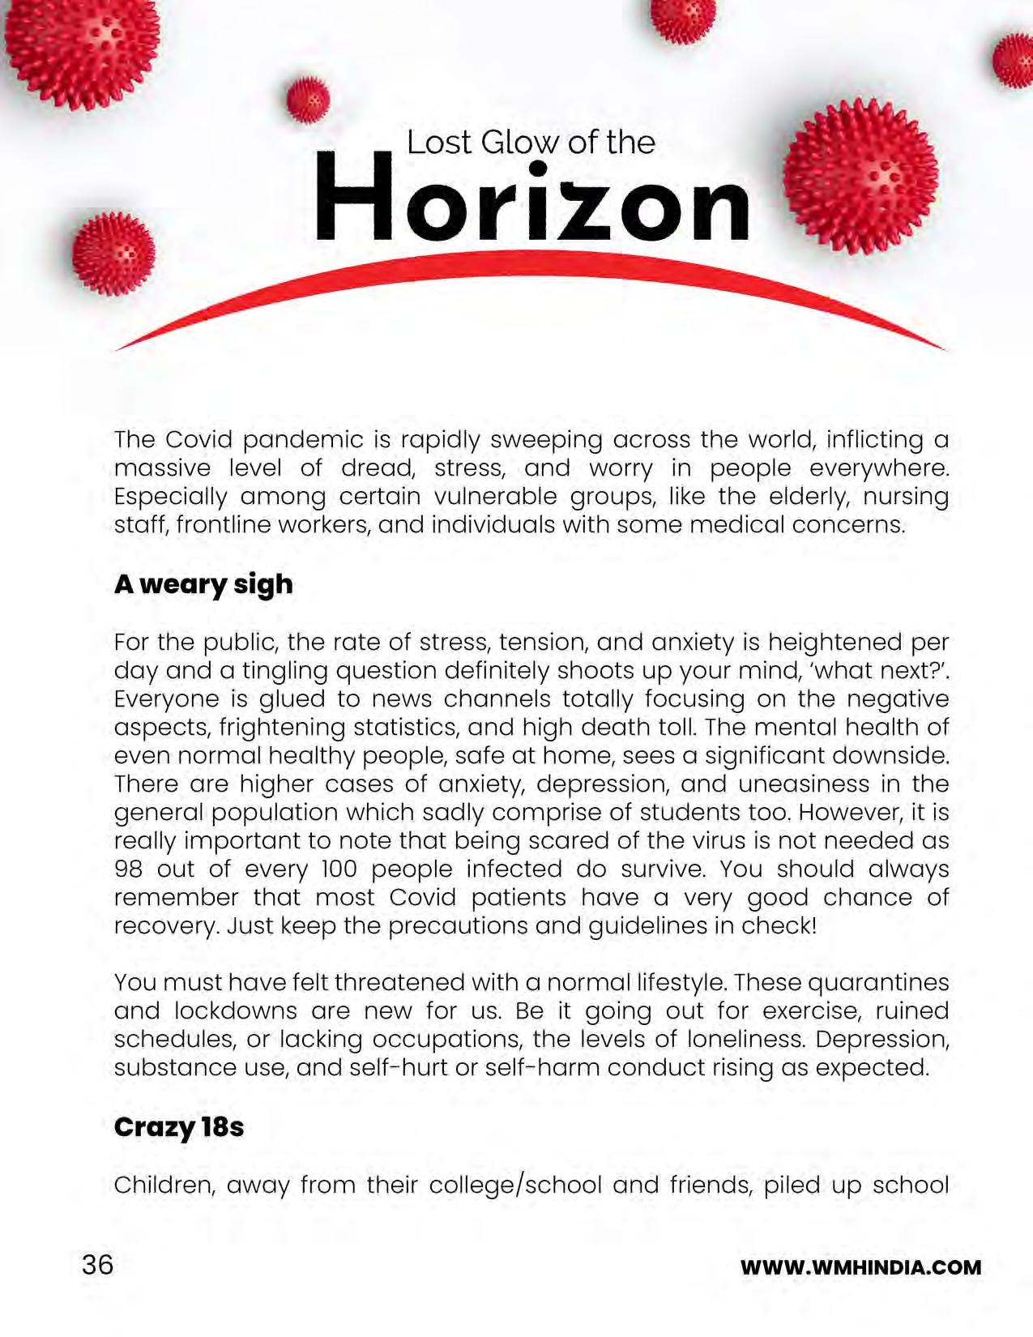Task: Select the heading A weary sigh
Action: click(203, 584)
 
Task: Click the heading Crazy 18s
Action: click(178, 1127)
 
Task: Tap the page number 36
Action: click(97, 1265)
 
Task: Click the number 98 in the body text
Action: click(129, 869)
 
